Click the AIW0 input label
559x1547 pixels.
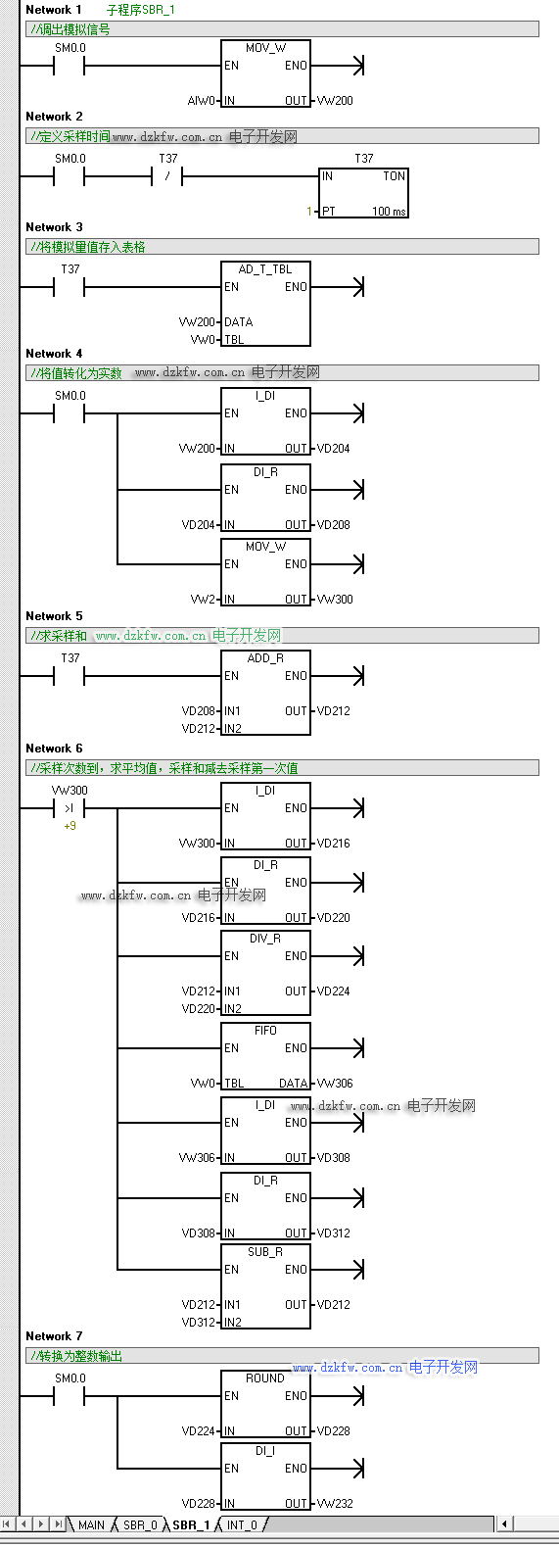coord(201,101)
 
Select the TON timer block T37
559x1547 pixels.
coord(364,193)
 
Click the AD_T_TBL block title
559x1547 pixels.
coord(265,269)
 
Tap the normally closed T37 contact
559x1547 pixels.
coord(167,176)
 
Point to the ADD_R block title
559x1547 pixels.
coord(265,658)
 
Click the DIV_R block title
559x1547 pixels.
coord(265,939)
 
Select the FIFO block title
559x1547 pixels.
coord(265,1031)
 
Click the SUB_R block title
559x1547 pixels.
coord(265,1252)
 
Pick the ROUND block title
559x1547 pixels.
coord(265,1378)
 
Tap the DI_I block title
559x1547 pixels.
coord(265,1451)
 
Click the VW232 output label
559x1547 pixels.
coord(335,1504)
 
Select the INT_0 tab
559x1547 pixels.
coord(242,1524)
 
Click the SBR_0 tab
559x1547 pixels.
coord(140,1524)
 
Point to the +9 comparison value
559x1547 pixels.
coord(70,826)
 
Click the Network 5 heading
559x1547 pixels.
coord(54,616)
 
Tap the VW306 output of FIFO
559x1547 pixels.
coord(335,1084)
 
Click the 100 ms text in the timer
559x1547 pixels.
coord(390,212)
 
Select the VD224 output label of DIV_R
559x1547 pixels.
coord(333,991)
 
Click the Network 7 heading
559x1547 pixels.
coord(54,1336)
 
